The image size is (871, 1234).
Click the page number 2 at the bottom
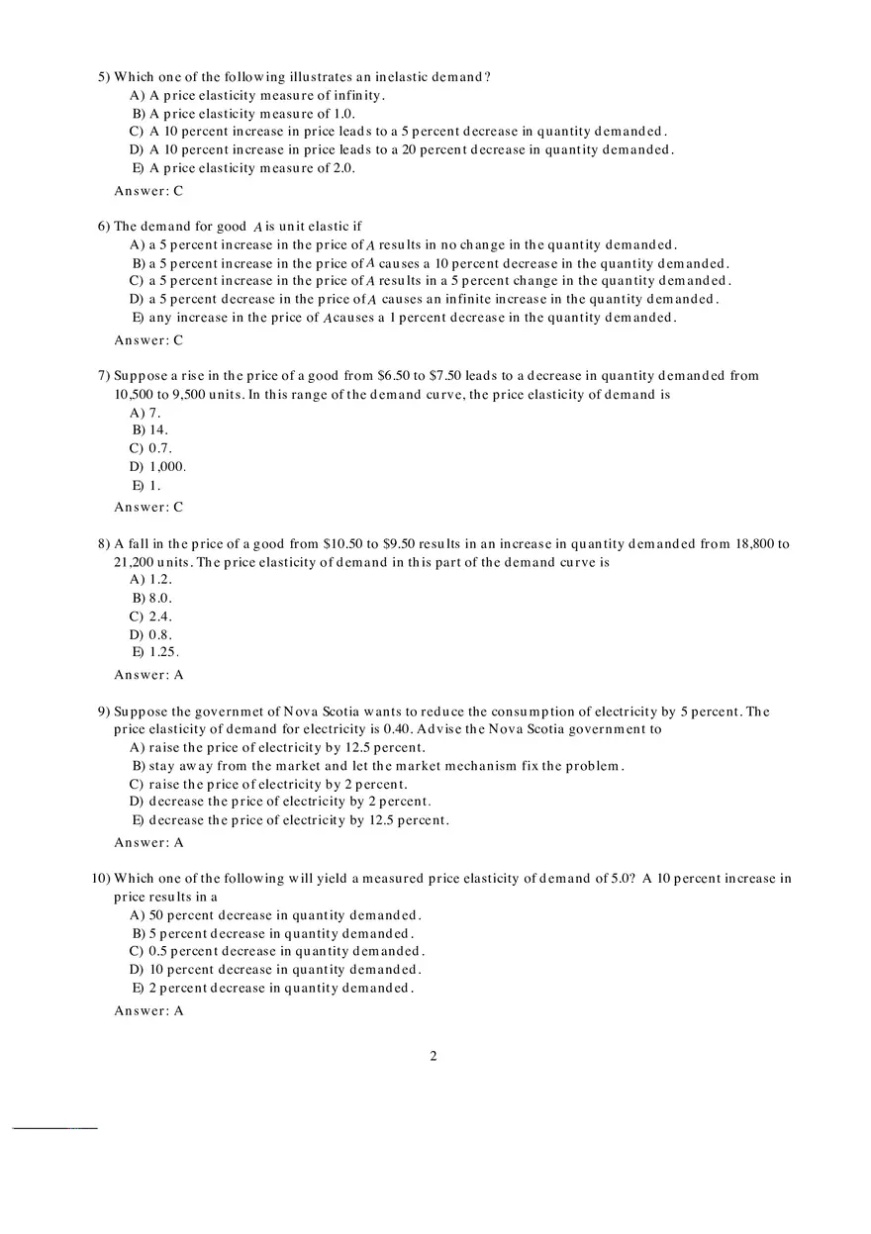click(x=434, y=1056)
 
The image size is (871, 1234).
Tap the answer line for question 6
click(x=148, y=340)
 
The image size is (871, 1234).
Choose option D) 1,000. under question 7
click(x=158, y=466)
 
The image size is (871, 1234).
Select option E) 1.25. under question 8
click(x=155, y=652)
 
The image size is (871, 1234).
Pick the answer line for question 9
click(x=148, y=842)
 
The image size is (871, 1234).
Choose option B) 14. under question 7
click(x=150, y=430)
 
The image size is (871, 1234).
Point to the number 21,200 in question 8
click(x=137, y=562)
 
